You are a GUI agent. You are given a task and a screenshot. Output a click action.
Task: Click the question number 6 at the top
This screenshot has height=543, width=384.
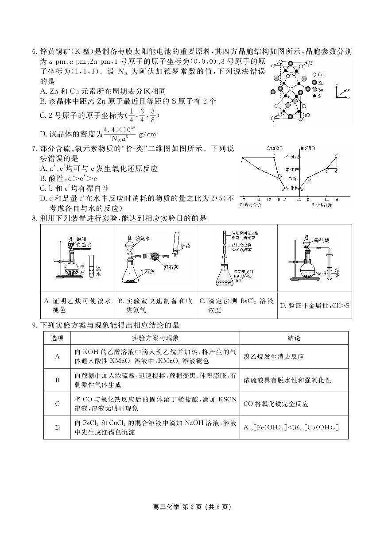(35, 52)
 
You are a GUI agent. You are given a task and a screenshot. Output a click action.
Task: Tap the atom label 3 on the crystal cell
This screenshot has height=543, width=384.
(311, 63)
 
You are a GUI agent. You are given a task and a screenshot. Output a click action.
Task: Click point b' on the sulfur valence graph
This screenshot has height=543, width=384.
(309, 180)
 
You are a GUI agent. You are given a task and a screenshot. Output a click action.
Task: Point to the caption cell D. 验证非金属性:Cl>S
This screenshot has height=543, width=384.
(314, 305)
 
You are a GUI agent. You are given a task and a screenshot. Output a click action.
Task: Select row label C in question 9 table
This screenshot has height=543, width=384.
(57, 404)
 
